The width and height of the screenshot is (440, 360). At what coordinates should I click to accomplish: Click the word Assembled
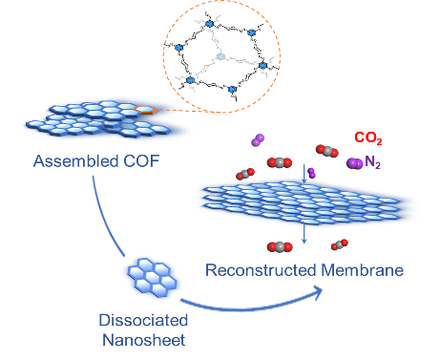76,161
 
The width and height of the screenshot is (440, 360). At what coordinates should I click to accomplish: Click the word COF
141,161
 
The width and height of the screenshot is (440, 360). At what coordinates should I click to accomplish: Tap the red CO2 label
368,138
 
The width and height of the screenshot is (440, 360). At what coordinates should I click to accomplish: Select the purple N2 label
372,162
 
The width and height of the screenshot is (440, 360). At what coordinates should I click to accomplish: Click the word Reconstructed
262,270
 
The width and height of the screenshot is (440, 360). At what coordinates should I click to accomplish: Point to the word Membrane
363,270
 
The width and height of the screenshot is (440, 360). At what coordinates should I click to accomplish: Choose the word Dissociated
143,320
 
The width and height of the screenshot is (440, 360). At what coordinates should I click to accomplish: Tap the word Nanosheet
144,340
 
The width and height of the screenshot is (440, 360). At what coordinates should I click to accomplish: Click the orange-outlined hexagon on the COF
145,110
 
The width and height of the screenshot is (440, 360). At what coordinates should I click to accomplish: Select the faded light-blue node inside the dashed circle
220,56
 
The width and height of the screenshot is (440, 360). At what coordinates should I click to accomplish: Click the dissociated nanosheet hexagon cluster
153,277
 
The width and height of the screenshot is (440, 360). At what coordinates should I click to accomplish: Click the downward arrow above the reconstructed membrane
304,174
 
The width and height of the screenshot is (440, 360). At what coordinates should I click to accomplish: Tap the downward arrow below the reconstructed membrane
304,234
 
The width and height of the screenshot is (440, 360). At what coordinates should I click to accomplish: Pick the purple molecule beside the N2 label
355,163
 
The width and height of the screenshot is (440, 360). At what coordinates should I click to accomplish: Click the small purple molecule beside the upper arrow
312,173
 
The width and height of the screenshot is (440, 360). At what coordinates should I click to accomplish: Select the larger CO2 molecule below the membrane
280,247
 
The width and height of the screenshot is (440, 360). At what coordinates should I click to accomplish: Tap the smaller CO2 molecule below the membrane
340,244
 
